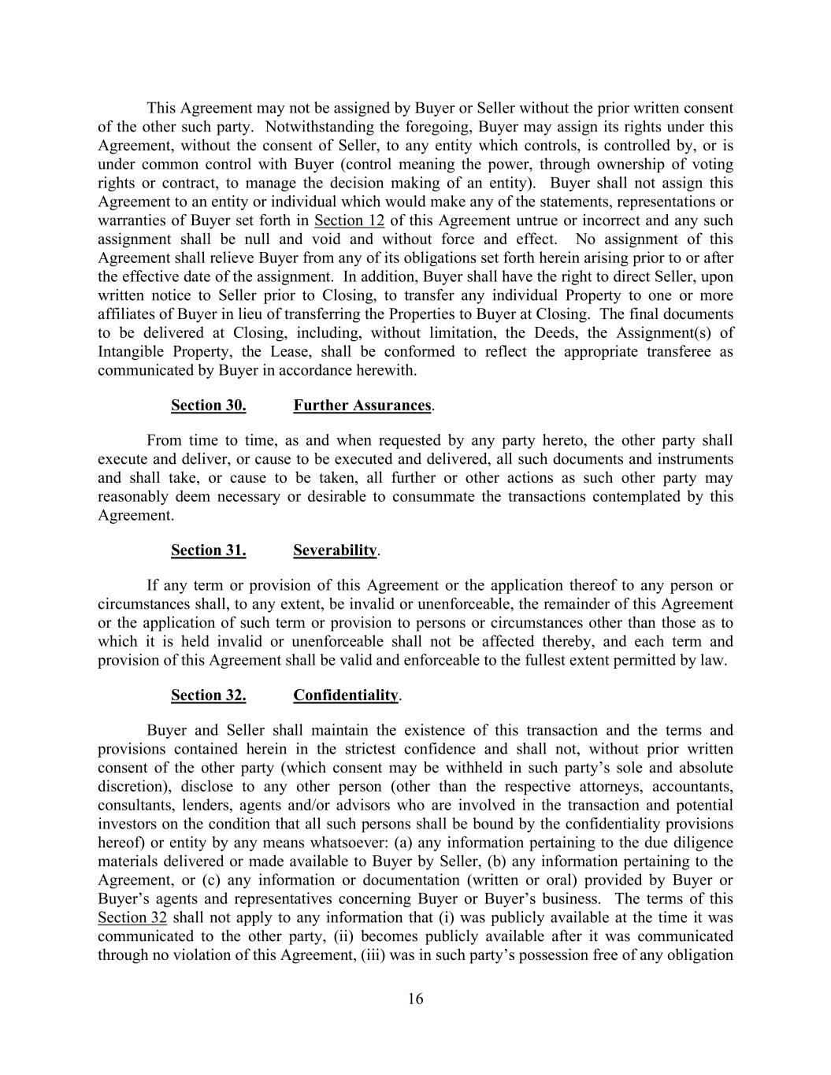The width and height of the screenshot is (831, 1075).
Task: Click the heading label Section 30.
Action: click(x=208, y=406)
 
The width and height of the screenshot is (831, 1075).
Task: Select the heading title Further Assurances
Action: click(x=362, y=406)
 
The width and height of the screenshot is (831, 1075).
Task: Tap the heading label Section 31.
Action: click(x=208, y=550)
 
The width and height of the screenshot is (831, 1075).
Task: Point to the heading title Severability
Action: click(x=335, y=550)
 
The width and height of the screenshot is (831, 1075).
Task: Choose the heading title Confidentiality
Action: click(x=346, y=695)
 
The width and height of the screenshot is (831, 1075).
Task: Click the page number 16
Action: click(x=416, y=999)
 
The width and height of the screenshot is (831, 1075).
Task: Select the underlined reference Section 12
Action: click(x=349, y=221)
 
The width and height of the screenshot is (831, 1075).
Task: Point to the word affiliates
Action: click(x=128, y=314)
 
